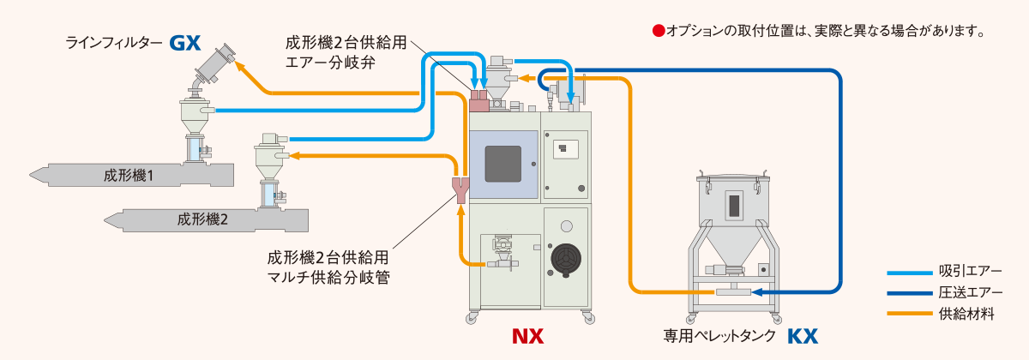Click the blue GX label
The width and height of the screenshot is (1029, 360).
click(184, 42)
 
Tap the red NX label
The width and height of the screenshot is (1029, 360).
click(528, 335)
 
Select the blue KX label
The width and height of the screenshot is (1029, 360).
click(802, 335)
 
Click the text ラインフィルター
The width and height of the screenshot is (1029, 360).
click(114, 42)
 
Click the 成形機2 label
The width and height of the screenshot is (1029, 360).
click(202, 219)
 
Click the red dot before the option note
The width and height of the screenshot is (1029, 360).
click(659, 31)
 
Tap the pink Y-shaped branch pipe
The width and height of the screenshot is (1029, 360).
click(461, 189)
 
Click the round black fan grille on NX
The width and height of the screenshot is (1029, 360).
click(565, 258)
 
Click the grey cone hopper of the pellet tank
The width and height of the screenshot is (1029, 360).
click(734, 252)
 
